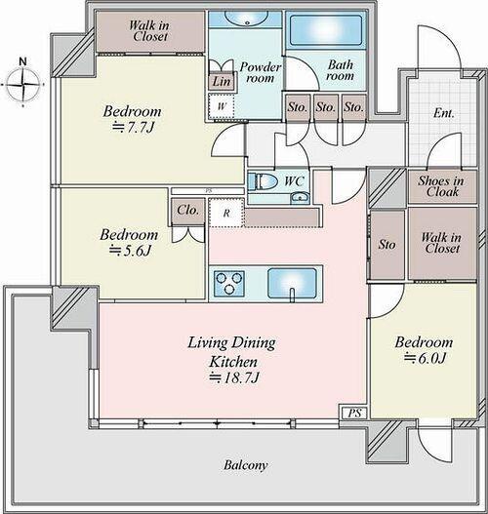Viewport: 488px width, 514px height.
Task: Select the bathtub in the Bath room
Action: [326, 30]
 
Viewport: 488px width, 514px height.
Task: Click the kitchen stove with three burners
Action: [229, 283]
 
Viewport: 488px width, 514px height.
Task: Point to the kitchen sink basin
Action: [293, 283]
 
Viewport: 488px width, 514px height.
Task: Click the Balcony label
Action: [246, 465]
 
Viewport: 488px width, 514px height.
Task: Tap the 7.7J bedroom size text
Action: [133, 128]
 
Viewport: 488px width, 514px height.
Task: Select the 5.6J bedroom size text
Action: [130, 251]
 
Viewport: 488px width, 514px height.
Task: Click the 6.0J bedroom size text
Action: [425, 358]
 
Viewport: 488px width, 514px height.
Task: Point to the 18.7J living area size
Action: [234, 377]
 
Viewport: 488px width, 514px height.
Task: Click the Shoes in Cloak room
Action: [442, 186]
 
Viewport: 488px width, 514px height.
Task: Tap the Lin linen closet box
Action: [222, 81]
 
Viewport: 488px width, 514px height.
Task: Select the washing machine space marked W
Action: [222, 106]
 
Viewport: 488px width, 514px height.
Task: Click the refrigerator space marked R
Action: [226, 213]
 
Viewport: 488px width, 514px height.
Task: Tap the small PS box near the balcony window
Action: [353, 413]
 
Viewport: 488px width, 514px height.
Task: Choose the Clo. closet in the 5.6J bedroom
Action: [188, 211]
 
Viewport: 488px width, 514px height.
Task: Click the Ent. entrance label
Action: [444, 113]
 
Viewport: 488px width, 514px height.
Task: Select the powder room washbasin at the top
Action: [246, 19]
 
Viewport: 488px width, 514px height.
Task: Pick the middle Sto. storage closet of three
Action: [326, 108]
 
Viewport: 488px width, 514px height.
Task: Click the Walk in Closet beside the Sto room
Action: [442, 243]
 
